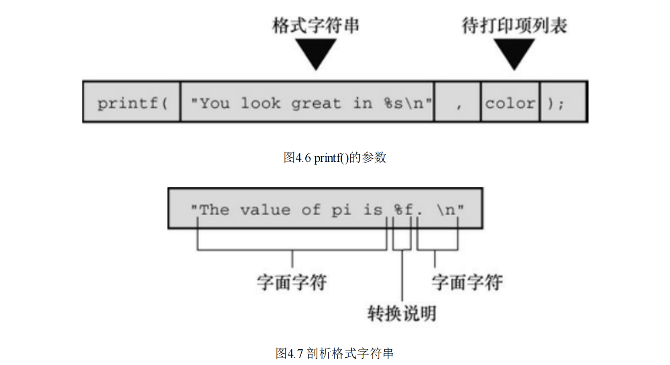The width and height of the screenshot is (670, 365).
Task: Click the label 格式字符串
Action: click(x=316, y=26)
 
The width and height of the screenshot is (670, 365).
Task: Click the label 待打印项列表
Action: click(x=514, y=26)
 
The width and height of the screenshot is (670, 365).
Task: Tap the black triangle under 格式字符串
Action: click(x=316, y=52)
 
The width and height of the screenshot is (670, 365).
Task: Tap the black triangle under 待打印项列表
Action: click(x=514, y=52)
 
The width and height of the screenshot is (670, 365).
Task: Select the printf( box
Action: click(x=132, y=103)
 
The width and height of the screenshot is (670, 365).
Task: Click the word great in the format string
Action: click(x=316, y=104)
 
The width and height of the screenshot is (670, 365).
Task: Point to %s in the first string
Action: click(x=393, y=103)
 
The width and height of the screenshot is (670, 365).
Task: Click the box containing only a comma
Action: click(x=458, y=103)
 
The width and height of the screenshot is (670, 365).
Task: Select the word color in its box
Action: click(x=510, y=103)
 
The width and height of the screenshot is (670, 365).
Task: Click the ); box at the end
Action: click(x=556, y=103)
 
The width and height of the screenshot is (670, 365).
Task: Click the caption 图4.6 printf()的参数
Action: click(x=335, y=157)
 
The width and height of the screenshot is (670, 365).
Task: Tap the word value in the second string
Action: click(x=265, y=210)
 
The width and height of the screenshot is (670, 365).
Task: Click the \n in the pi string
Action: click(x=446, y=210)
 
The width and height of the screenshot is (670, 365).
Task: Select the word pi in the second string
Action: click(x=341, y=210)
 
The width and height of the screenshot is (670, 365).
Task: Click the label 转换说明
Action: click(x=402, y=313)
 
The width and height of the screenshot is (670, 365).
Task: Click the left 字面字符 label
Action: click(x=292, y=282)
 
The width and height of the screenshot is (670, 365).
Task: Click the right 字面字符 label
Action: click(x=467, y=282)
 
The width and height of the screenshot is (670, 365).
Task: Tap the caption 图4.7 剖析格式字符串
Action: click(x=334, y=353)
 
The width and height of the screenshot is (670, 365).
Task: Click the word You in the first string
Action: click(x=215, y=103)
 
